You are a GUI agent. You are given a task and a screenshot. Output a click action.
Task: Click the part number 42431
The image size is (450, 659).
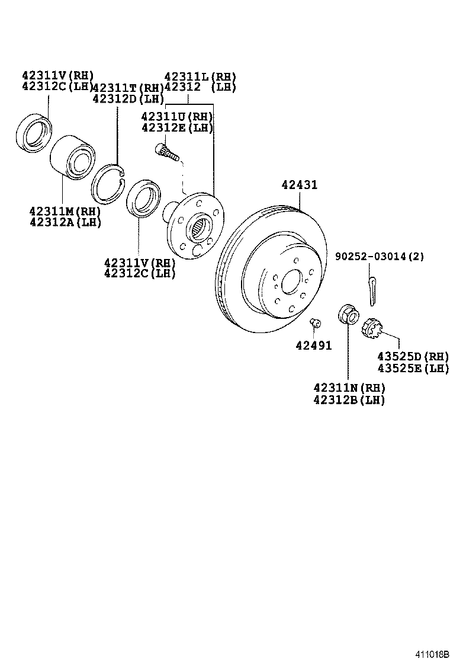click(299, 185)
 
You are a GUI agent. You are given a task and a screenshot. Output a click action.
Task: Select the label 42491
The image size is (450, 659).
click(314, 346)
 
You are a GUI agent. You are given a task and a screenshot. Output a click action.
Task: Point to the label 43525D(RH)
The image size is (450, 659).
click(413, 357)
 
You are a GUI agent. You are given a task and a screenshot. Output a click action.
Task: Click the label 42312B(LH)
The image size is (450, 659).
click(349, 400)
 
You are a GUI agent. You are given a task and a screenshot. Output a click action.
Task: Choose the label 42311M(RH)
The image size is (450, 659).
click(65, 211)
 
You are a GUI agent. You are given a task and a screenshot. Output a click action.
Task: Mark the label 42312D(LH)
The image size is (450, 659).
click(128, 98)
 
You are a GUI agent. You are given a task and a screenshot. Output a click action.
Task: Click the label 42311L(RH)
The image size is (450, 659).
click(200, 76)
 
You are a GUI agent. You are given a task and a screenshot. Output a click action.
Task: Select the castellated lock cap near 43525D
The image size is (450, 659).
click(372, 327)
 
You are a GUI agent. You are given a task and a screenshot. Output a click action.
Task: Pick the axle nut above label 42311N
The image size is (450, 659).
click(347, 313)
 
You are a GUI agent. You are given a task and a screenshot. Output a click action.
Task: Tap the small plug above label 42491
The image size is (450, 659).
click(315, 322)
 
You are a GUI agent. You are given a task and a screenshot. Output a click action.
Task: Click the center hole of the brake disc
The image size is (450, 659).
click(291, 282)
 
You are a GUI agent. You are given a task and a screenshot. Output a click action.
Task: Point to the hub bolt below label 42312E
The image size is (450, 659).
click(166, 153)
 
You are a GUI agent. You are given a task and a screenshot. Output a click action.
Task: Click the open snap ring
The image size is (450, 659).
click(108, 182)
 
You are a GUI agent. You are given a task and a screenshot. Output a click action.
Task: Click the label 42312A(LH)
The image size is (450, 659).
click(65, 222)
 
